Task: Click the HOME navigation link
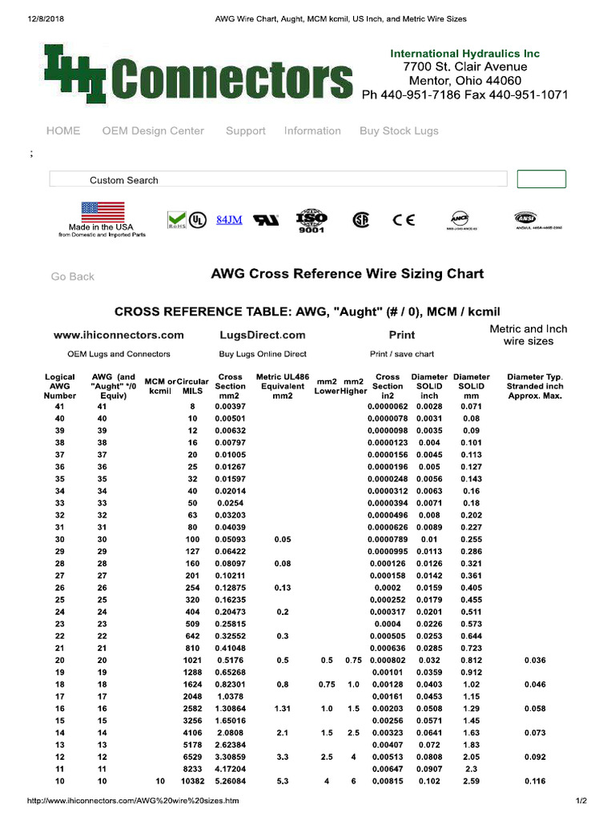[63, 131]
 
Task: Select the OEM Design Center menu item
[153, 131]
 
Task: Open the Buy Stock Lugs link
[399, 131]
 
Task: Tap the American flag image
[102, 212]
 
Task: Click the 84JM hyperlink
[229, 220]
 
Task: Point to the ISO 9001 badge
[312, 221]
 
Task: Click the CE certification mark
[404, 220]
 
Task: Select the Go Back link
[73, 277]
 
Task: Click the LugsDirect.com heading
[263, 336]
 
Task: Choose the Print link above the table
[401, 336]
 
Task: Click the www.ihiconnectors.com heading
[119, 336]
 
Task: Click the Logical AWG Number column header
[60, 386]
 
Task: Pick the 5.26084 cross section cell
[231, 781]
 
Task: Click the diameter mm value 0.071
[471, 408]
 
